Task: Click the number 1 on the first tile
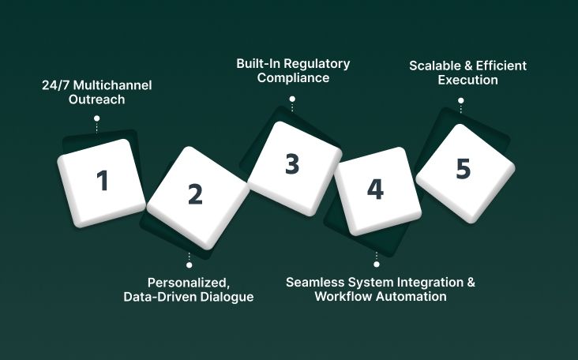(x=102, y=181)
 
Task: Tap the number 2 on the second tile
(x=195, y=193)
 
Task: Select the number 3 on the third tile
(x=292, y=164)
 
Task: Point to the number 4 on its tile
(x=375, y=189)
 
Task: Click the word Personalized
(x=186, y=282)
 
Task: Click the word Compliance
(x=293, y=78)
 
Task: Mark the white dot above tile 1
(x=96, y=118)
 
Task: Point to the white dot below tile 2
(x=189, y=266)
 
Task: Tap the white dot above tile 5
(x=461, y=100)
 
